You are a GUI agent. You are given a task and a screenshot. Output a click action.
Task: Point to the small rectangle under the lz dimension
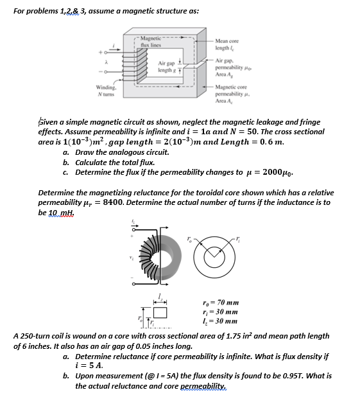pos(160,313)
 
